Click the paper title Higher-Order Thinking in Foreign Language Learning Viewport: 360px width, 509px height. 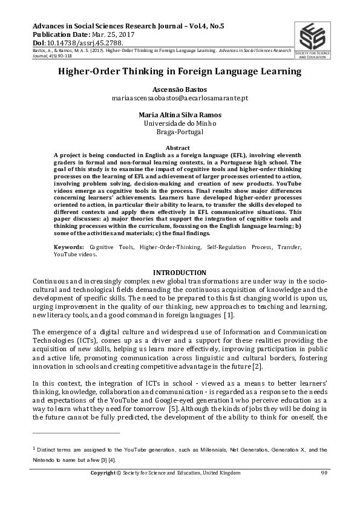pos(180,71)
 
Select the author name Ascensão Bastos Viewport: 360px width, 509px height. pos(180,88)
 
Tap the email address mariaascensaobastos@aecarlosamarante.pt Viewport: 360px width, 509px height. pos(180,97)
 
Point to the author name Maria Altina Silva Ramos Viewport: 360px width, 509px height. pos(180,114)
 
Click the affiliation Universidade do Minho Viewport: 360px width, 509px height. pos(180,123)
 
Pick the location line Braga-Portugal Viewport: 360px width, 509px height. pos(180,131)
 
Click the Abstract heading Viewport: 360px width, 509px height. pos(180,148)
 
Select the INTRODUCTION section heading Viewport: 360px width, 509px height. pos(180,273)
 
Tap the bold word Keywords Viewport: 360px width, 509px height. pos(68,247)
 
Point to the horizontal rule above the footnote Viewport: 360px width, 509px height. pos(76,433)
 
